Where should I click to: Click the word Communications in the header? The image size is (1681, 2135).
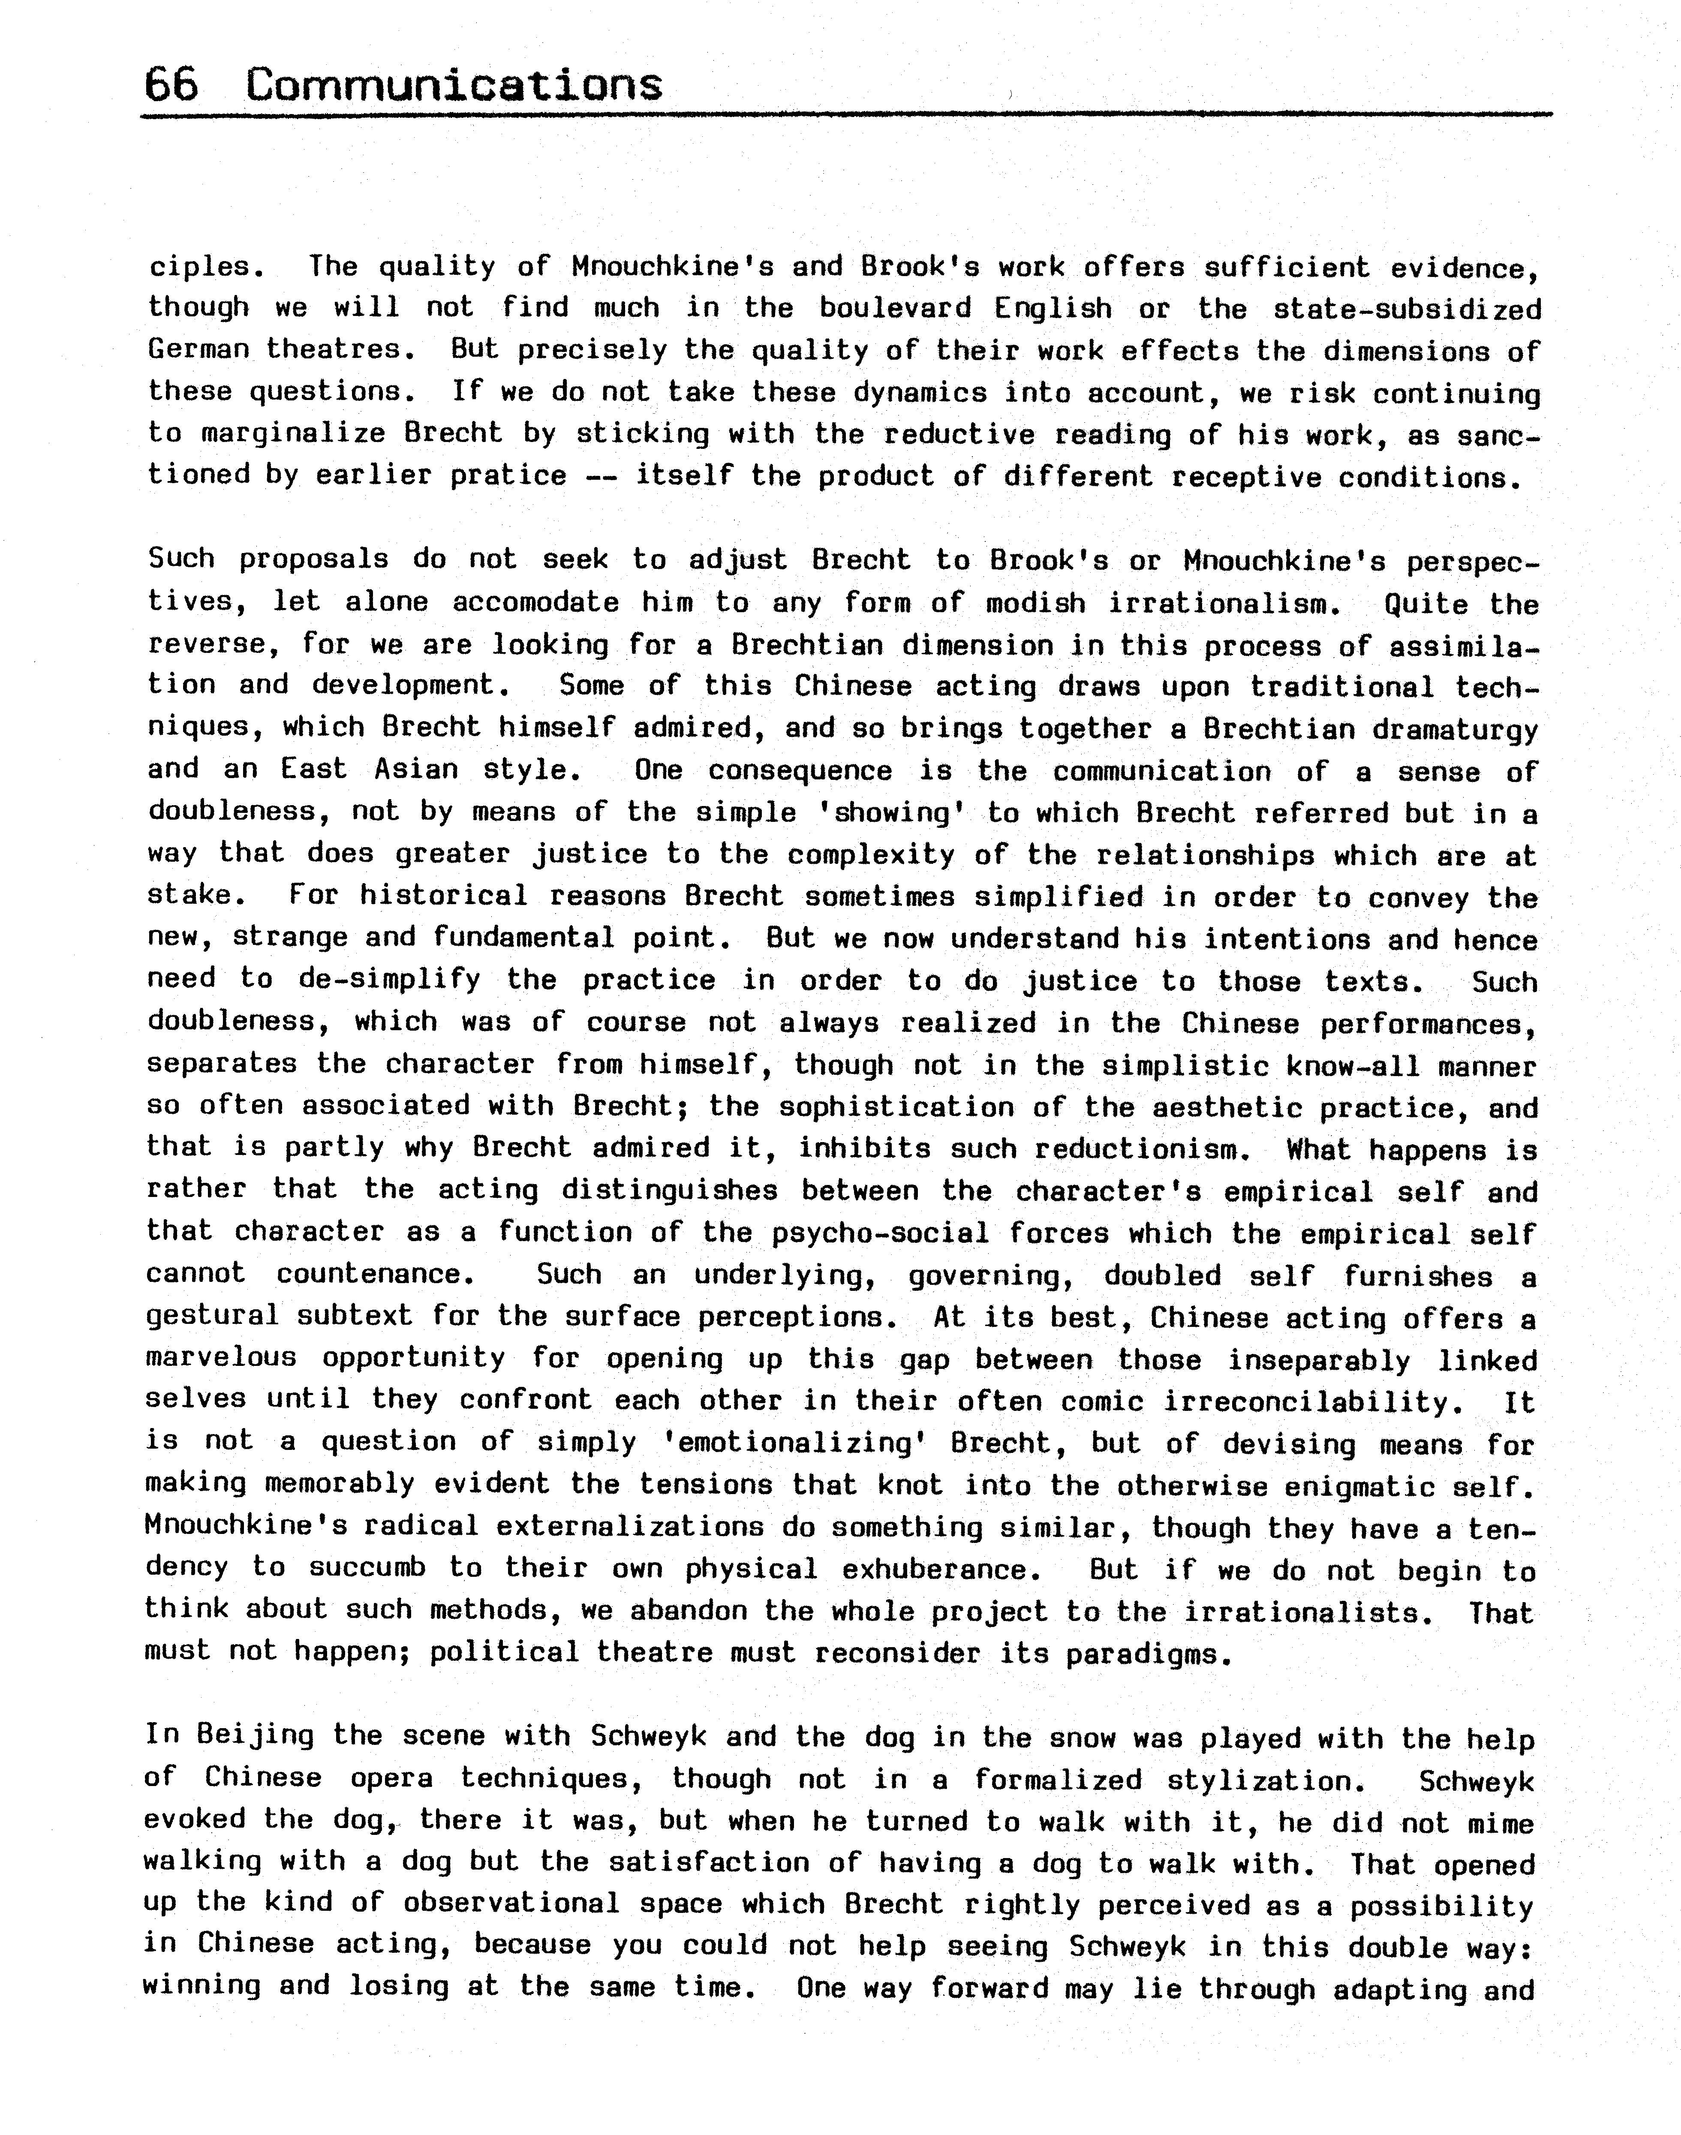(x=454, y=86)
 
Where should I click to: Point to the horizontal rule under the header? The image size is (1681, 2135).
(x=846, y=116)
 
